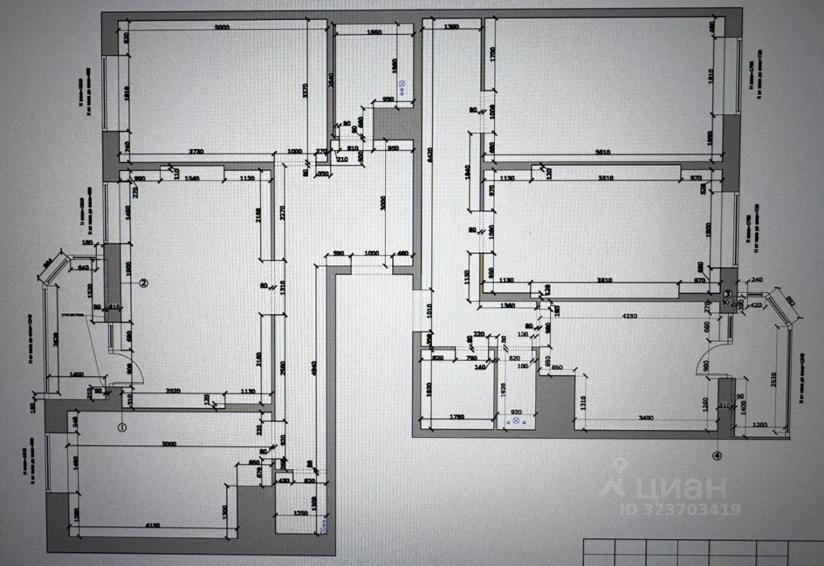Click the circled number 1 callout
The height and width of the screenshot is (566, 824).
point(123,426)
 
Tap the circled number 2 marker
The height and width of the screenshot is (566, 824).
point(144,282)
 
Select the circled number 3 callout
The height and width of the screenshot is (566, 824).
point(727,293)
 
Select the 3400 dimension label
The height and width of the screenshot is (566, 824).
point(646,419)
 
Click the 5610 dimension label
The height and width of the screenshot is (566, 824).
point(602,152)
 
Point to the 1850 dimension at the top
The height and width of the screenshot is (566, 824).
point(374,32)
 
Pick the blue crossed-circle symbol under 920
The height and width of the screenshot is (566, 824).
point(516,420)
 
